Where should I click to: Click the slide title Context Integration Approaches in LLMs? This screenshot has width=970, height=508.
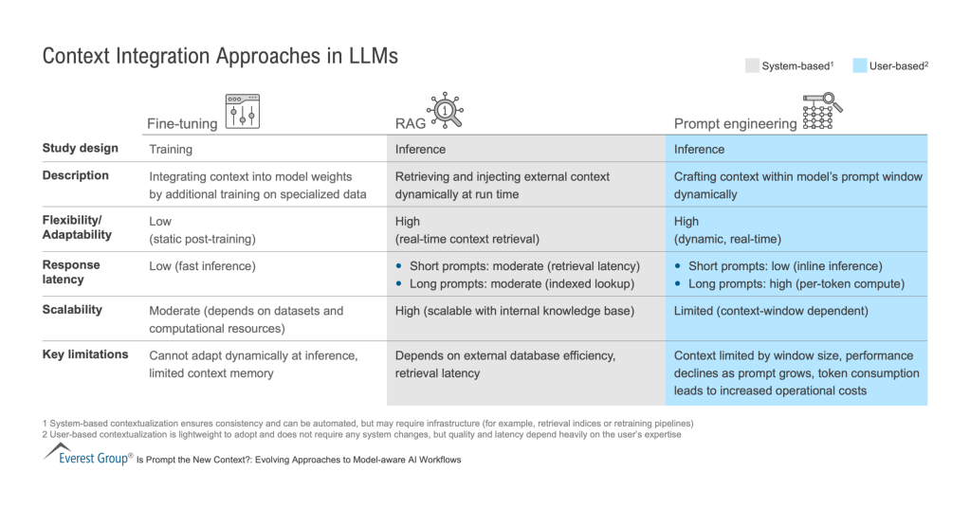tap(220, 56)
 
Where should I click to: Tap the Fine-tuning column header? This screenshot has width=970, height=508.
tap(182, 124)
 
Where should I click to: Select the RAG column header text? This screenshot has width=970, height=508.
tap(409, 124)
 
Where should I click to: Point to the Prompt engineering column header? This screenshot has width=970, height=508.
tap(735, 124)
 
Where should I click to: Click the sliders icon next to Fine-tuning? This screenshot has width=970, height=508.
tap(242, 111)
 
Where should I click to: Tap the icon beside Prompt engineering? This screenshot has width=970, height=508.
tap(818, 111)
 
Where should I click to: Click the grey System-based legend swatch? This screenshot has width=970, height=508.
tap(752, 66)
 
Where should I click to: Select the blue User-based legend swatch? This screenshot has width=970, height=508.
tap(859, 66)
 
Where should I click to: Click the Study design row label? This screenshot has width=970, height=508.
tap(81, 148)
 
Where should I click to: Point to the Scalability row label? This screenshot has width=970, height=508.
tap(72, 310)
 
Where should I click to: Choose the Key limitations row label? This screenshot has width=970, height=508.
tap(85, 354)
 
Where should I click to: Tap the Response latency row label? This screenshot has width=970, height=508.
tap(71, 272)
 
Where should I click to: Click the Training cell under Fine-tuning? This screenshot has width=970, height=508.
tap(171, 149)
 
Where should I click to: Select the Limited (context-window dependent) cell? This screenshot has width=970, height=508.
tap(770, 311)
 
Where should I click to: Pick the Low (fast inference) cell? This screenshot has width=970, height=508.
tap(203, 266)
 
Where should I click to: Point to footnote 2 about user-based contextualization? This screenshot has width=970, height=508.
tap(361, 435)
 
